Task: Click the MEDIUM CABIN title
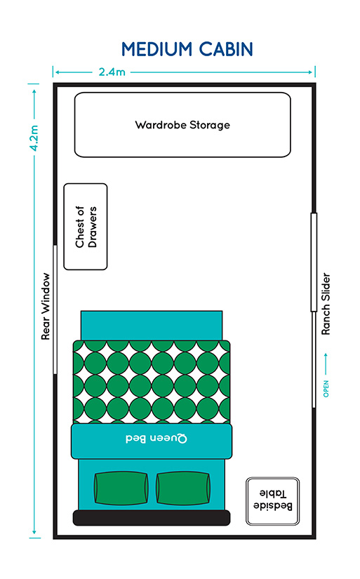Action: pos(187,49)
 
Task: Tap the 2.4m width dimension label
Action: pos(112,72)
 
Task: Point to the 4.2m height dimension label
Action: pos(34,138)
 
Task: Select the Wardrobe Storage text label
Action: pos(182,125)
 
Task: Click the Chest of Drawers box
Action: pos(86,227)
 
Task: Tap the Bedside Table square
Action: pos(272,501)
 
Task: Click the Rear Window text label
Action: pos(45,307)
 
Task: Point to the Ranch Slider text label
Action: pos(326,304)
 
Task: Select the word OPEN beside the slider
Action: pos(326,389)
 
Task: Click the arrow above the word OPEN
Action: pos(326,364)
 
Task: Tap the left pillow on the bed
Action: pos(121,488)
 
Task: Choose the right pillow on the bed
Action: pos(183,488)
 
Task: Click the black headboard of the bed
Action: pos(152,518)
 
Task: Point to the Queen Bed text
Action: pos(156,439)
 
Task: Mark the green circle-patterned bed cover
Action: pos(152,382)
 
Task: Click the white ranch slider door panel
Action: pos(314,262)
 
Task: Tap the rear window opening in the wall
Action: pos(55,310)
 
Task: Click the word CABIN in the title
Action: pos(225,49)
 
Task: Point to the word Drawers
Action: pos(93,227)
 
